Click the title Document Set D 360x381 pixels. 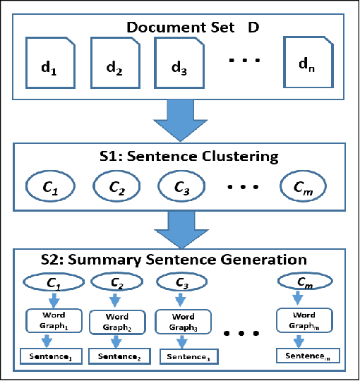point(192,28)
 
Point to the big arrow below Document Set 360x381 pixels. point(179,119)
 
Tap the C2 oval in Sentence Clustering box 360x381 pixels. point(117,188)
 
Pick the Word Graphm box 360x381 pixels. point(300,320)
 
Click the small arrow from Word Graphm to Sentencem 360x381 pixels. point(300,339)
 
